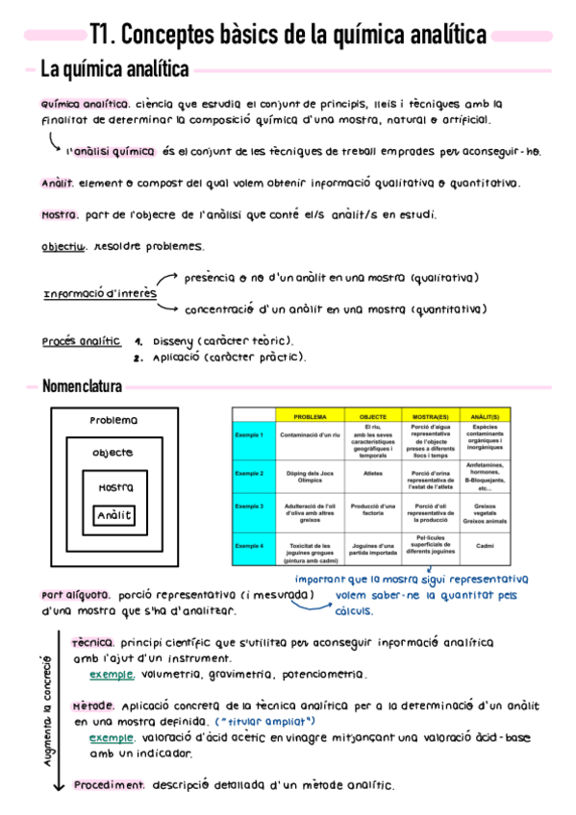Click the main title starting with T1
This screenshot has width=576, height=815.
(288, 36)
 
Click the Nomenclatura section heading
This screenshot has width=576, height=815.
(82, 386)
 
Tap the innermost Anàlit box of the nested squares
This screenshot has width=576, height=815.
(113, 517)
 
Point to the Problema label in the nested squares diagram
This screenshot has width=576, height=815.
(113, 421)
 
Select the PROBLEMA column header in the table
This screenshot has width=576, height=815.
(310, 417)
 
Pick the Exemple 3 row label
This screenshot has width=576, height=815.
(249, 506)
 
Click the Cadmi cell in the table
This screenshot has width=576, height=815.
(484, 546)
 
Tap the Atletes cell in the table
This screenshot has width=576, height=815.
(373, 473)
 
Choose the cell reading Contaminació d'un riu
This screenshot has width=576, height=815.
(310, 436)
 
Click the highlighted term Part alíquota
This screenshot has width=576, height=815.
(76, 594)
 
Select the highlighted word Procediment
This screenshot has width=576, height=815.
(109, 784)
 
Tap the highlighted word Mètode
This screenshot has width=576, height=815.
(94, 706)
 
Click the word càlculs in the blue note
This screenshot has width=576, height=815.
(354, 610)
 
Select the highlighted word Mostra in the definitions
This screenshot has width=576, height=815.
(60, 215)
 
